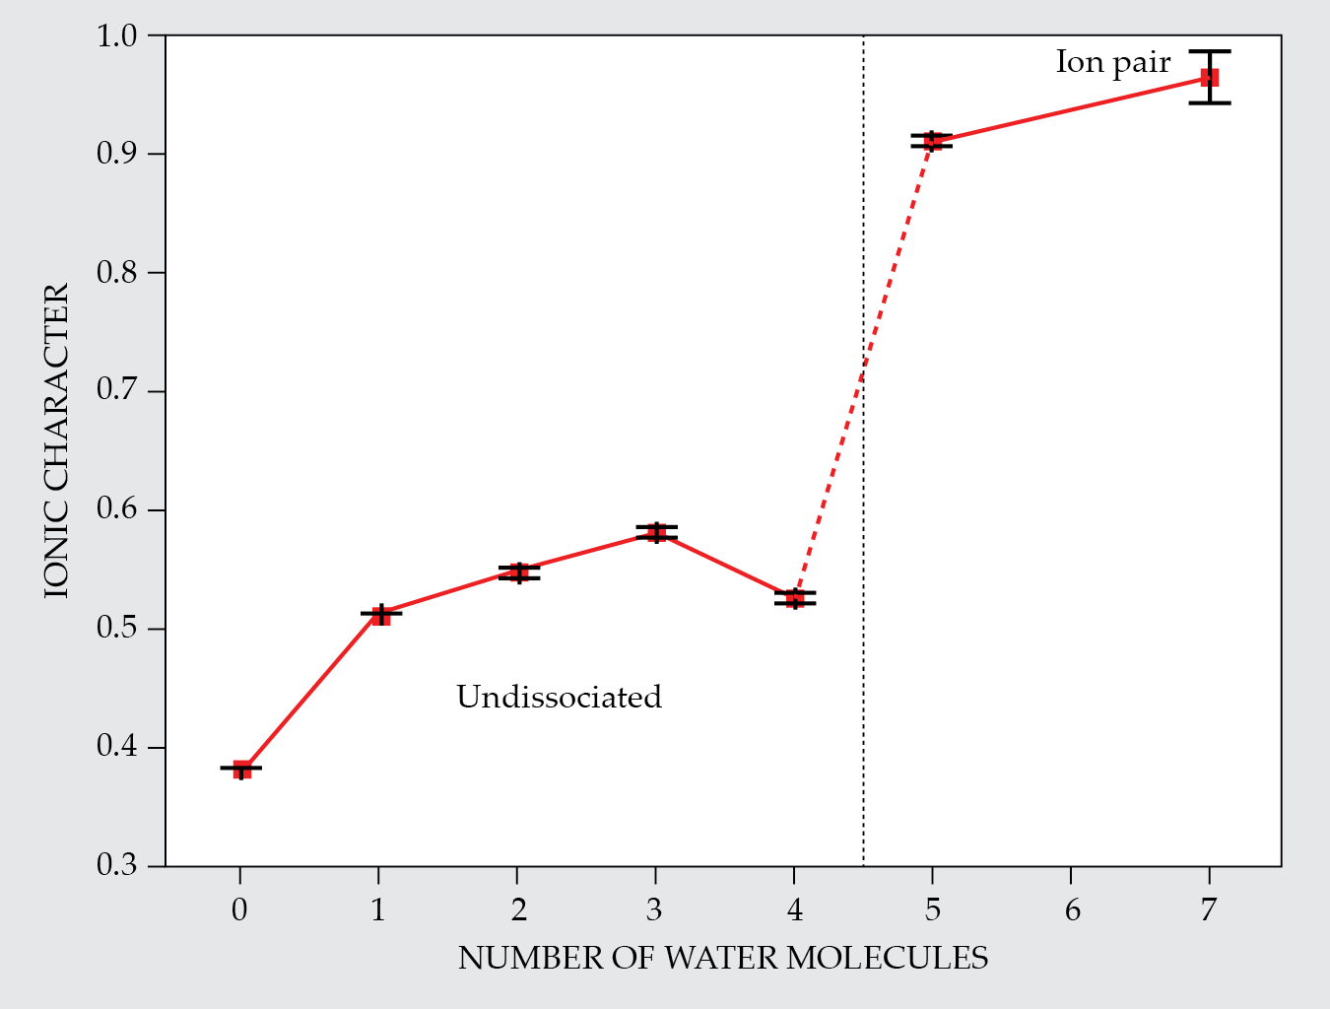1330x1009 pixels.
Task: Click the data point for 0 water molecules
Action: [241, 769]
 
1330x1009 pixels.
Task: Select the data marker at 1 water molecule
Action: [380, 615]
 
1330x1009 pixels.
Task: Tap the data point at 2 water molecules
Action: [519, 572]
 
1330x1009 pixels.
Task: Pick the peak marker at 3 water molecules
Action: [656, 533]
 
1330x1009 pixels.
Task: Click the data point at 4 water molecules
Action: [795, 598]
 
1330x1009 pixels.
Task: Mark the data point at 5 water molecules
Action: [932, 141]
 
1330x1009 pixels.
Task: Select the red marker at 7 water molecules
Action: [1209, 77]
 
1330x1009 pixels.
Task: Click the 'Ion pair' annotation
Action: [1112, 62]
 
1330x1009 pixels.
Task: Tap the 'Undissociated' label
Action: [559, 698]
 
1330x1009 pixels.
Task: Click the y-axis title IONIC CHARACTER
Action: [57, 440]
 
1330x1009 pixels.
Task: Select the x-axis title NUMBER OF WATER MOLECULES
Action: [722, 958]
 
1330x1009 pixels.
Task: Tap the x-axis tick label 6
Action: [1072, 909]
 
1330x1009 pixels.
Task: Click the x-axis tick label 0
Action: [239, 909]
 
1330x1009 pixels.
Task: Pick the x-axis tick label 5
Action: [932, 909]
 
